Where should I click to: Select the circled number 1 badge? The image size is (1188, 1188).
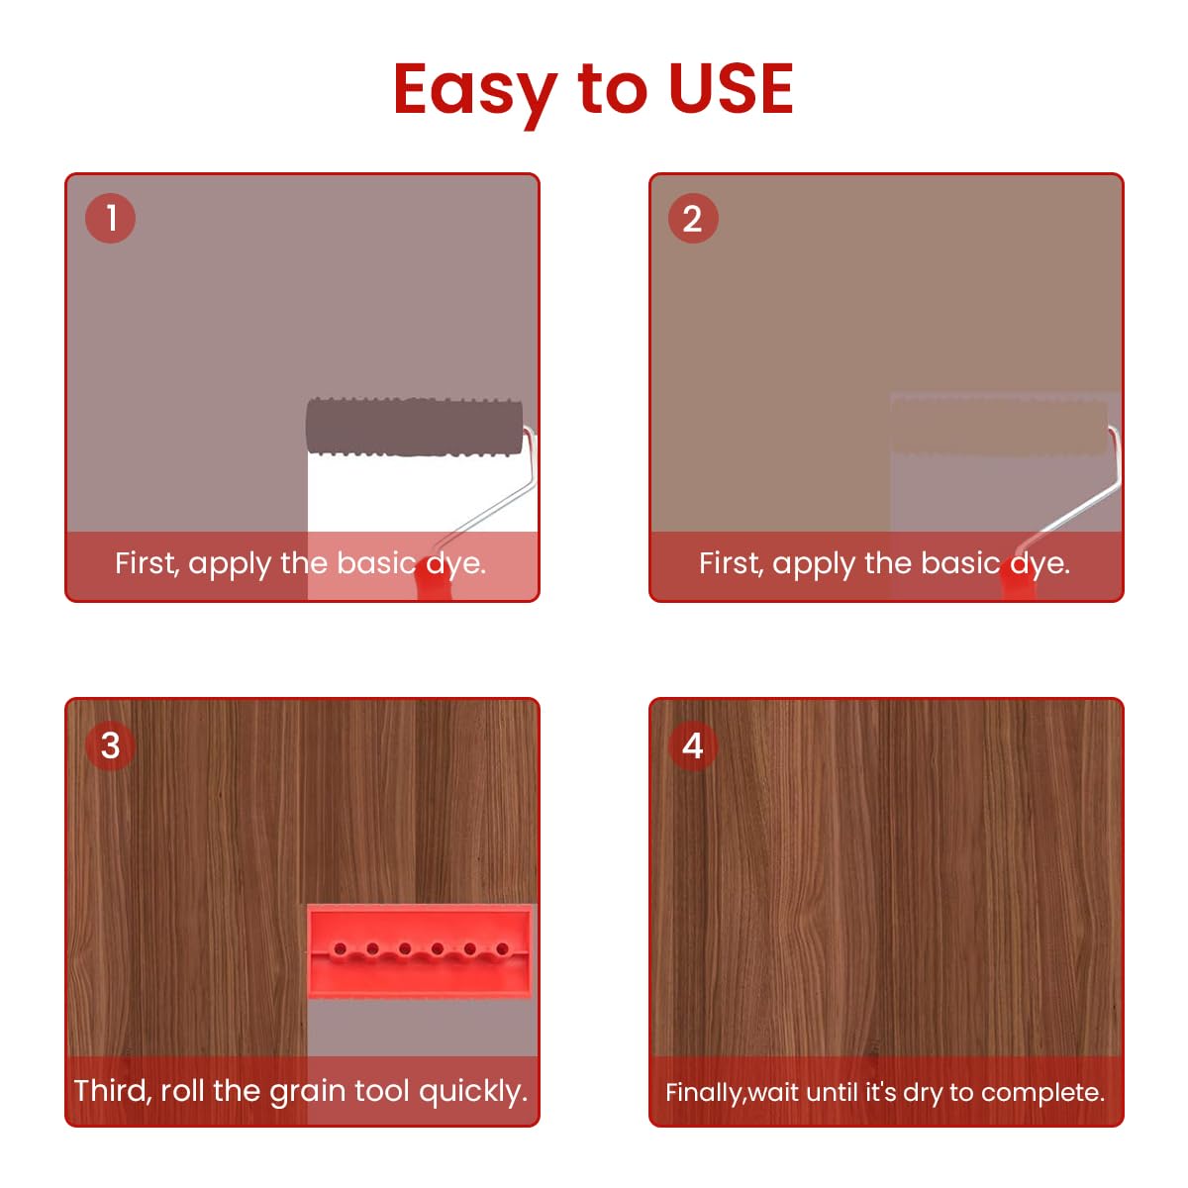pyautogui.click(x=110, y=218)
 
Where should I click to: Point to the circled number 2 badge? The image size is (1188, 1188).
pyautogui.click(x=693, y=218)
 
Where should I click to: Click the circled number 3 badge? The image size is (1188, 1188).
pyautogui.click(x=110, y=744)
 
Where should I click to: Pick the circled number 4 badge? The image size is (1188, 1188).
pyautogui.click(x=693, y=744)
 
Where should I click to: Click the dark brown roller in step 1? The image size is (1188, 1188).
pyautogui.click(x=414, y=427)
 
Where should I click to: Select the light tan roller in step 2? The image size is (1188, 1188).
pyautogui.click(x=998, y=427)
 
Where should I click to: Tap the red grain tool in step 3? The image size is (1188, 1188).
pyautogui.click(x=421, y=950)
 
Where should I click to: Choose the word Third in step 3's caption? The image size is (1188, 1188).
pyautogui.click(x=111, y=1090)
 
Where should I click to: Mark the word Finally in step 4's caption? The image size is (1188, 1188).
pyautogui.click(x=704, y=1092)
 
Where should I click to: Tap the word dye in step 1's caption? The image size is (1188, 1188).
pyautogui.click(x=455, y=564)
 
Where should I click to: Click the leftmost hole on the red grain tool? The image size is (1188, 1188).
pyautogui.click(x=340, y=949)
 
